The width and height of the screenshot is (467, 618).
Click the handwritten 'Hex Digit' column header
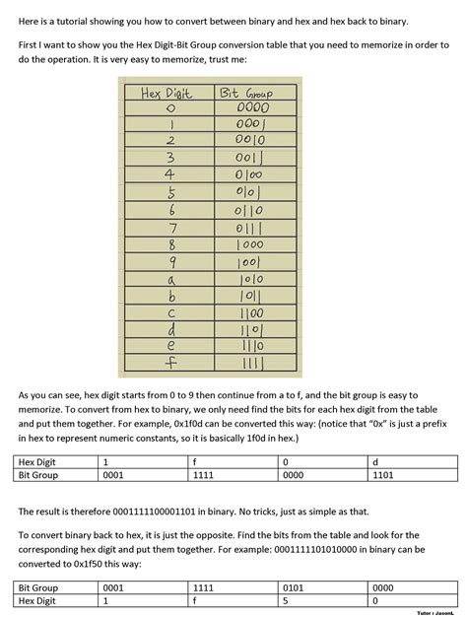166,95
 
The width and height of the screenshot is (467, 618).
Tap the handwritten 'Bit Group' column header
245,95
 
